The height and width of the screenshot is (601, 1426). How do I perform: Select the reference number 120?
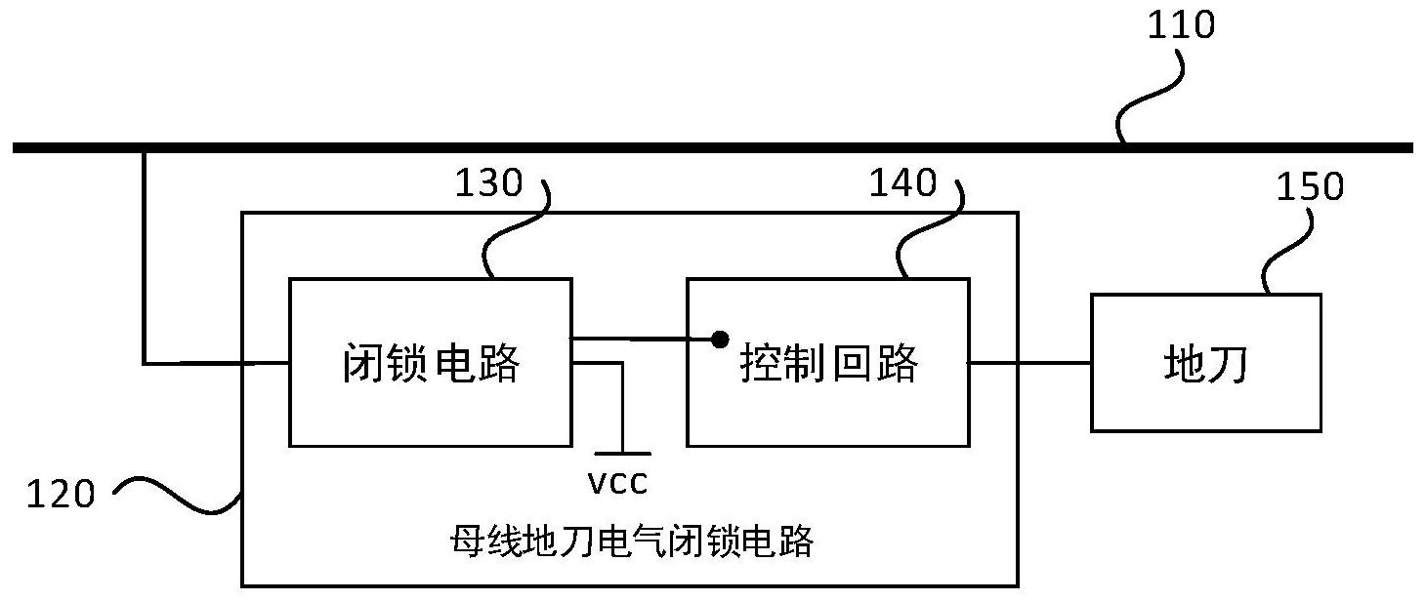pos(61,495)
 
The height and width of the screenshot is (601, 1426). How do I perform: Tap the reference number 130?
pos(488,182)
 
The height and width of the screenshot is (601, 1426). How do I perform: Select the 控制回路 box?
pos(828,410)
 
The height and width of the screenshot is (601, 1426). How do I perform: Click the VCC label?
pos(617,481)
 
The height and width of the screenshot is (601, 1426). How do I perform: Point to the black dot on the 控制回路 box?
pos(720,340)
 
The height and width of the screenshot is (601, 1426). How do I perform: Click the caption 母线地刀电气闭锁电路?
pos(631,541)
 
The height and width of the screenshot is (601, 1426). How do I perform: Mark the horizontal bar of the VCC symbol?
pos(622,454)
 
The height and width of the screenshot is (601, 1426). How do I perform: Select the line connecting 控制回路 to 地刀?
pos(1030,363)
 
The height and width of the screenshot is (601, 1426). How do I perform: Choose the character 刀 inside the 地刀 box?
pos(1227,364)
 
